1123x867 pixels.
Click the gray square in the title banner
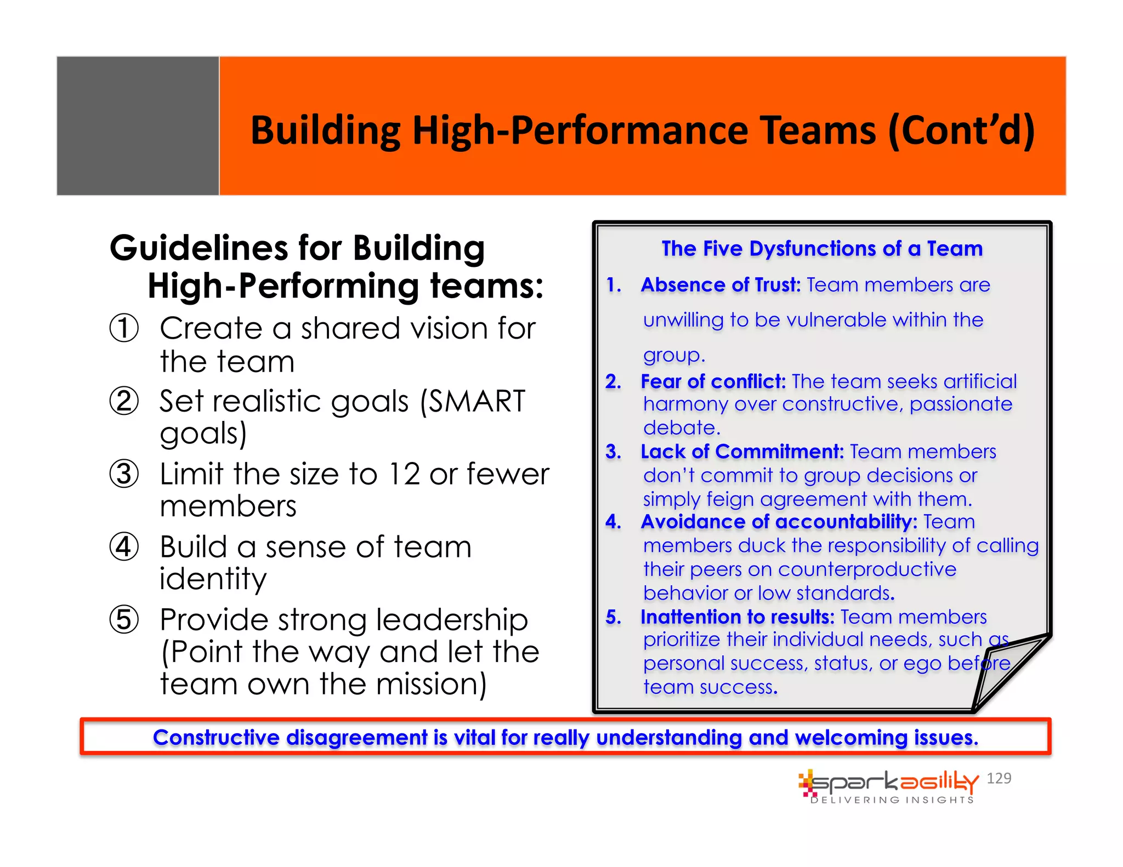click(x=138, y=126)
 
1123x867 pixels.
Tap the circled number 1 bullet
click(x=124, y=328)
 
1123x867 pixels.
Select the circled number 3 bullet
click(x=124, y=474)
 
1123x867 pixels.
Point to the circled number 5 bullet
click(x=124, y=620)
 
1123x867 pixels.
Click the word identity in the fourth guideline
click(x=213, y=579)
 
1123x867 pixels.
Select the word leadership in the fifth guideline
click(x=452, y=620)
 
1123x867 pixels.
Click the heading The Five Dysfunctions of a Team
click(x=821, y=249)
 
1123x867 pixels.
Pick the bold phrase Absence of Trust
click(x=721, y=285)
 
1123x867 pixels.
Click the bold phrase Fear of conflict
click(x=713, y=381)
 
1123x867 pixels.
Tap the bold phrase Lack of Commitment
click(x=742, y=452)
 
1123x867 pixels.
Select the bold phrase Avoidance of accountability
click(x=779, y=522)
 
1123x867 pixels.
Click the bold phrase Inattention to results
click(x=738, y=617)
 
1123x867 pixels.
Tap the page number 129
click(x=999, y=778)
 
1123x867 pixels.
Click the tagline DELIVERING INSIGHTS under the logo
click(x=892, y=800)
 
